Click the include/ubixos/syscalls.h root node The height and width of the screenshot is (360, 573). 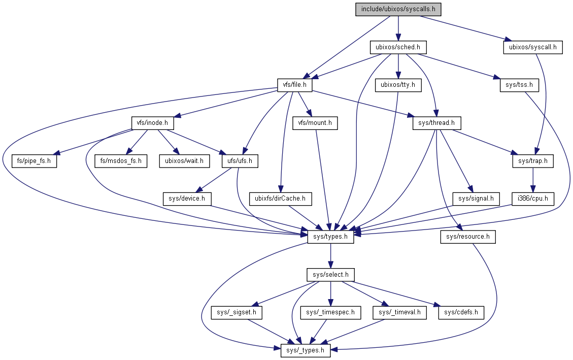click(x=398, y=9)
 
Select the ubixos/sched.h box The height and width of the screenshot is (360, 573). click(x=398, y=47)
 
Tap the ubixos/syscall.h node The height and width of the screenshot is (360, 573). click(x=533, y=47)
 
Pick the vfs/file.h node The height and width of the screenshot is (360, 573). click(x=294, y=85)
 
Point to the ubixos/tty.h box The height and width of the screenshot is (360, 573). click(x=398, y=85)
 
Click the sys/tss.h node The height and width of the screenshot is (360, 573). click(x=516, y=85)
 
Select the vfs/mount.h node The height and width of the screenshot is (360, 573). click(x=315, y=123)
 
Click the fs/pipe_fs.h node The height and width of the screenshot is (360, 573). click(x=35, y=161)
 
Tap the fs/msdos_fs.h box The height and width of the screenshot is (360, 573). click(x=121, y=161)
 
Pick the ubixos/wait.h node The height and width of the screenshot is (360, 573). click(x=184, y=161)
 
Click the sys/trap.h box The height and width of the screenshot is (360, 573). click(x=532, y=161)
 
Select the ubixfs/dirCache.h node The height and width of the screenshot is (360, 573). click(x=281, y=199)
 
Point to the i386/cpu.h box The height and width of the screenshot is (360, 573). click(x=532, y=199)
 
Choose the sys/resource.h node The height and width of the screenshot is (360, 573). click(x=467, y=237)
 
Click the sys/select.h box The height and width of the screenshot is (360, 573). click(x=330, y=275)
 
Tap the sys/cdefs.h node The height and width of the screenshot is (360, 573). click(x=461, y=312)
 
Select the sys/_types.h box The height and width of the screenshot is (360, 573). click(x=306, y=350)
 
